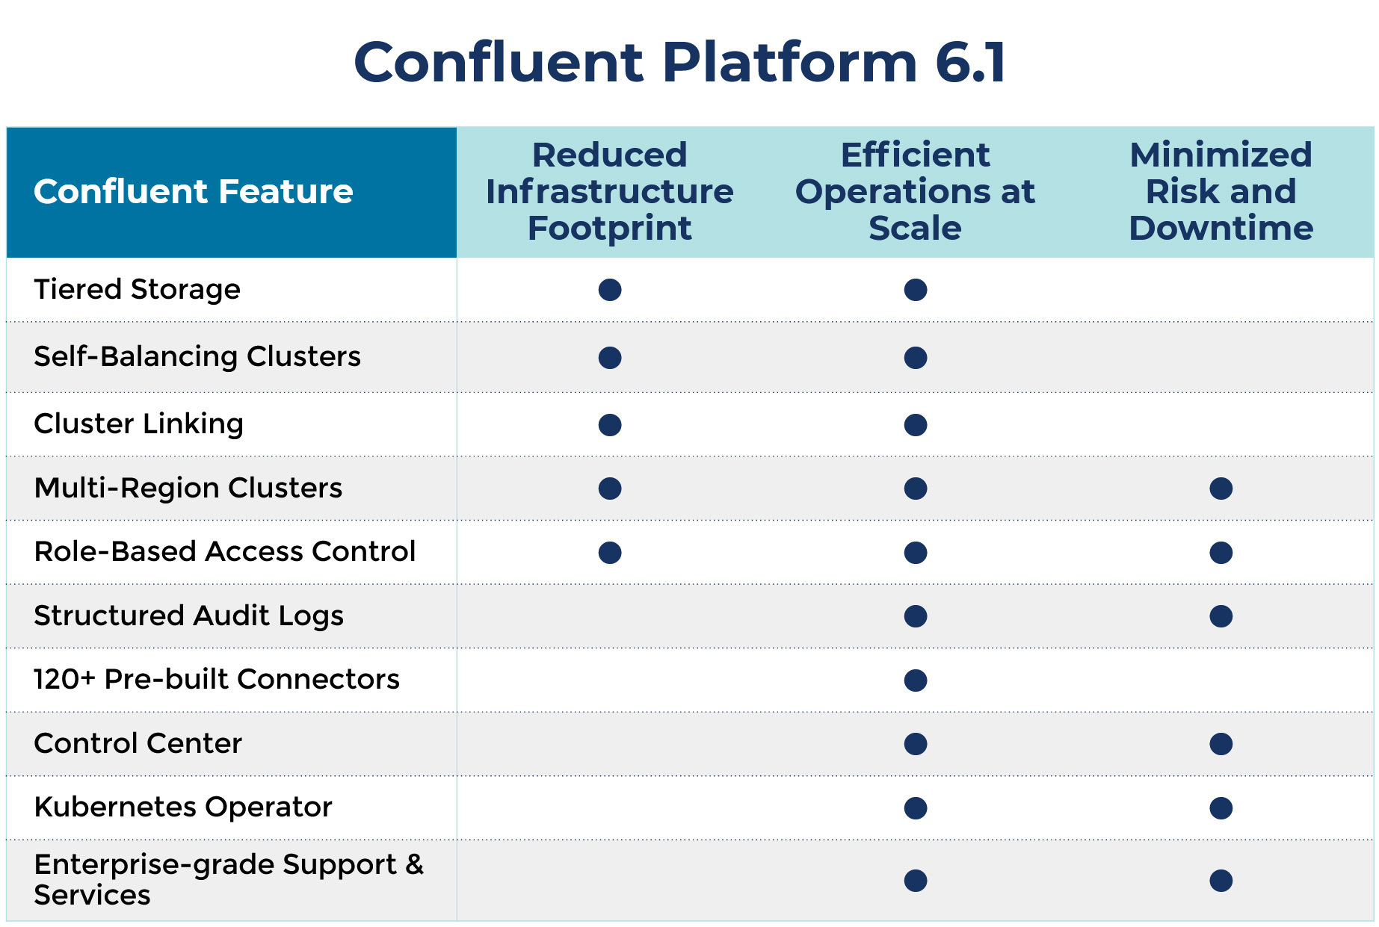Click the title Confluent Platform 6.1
(x=680, y=62)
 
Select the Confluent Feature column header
(x=194, y=191)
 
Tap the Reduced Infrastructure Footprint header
(x=609, y=191)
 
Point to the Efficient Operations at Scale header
(x=915, y=191)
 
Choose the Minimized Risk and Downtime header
(x=1221, y=191)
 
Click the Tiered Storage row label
(x=138, y=289)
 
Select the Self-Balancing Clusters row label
(x=197, y=356)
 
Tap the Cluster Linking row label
(x=139, y=424)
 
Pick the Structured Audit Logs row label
(x=189, y=616)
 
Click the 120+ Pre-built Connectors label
(x=217, y=679)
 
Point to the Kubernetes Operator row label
(x=183, y=807)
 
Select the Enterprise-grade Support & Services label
(x=229, y=879)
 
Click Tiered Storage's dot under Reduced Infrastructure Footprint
(x=610, y=290)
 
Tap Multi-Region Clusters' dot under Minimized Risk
(x=1221, y=489)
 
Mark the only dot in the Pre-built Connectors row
(x=916, y=680)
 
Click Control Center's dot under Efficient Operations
(x=916, y=744)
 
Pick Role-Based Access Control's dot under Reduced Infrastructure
(x=610, y=553)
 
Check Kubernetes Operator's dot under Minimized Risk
(x=1221, y=808)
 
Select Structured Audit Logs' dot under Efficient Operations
(x=916, y=616)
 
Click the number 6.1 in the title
(x=971, y=62)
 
